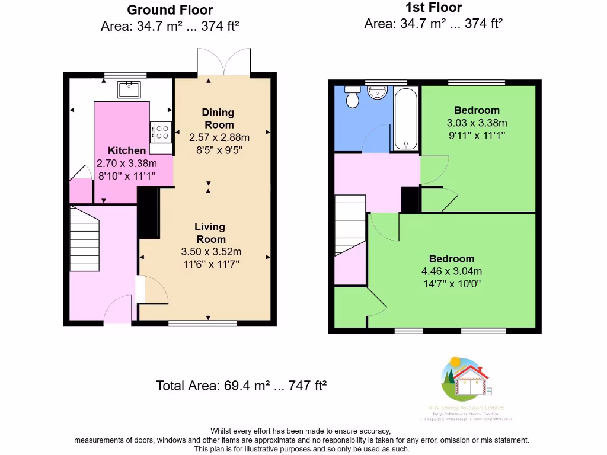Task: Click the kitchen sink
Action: pyautogui.click(x=129, y=89)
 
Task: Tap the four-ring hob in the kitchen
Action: pyautogui.click(x=161, y=132)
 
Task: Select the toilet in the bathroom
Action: pyautogui.click(x=353, y=97)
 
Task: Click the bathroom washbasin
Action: pyautogui.click(x=377, y=92)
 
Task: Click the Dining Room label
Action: pyautogui.click(x=219, y=118)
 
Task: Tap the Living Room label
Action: pyautogui.click(x=210, y=233)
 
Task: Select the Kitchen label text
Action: pyautogui.click(x=126, y=150)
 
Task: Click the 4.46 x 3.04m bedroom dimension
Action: pyautogui.click(x=452, y=271)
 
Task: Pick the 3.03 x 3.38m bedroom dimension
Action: pyautogui.click(x=477, y=123)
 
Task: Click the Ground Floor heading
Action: pyautogui.click(x=170, y=10)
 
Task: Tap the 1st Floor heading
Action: pyautogui.click(x=433, y=8)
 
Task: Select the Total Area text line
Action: pyautogui.click(x=242, y=385)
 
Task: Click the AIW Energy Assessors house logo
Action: pyautogui.click(x=468, y=379)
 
